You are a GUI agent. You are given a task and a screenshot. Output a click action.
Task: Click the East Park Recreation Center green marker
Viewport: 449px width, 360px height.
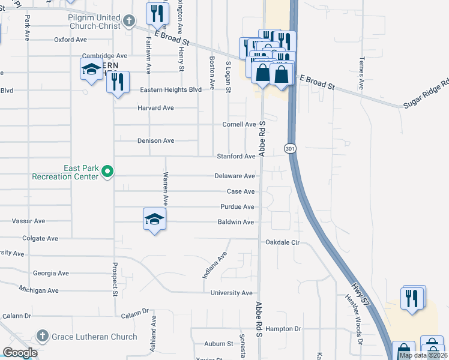[x=107, y=172]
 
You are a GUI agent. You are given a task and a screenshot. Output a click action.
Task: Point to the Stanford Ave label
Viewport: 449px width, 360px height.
[x=236, y=157]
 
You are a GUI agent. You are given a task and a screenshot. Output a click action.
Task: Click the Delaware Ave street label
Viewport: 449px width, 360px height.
[x=235, y=176]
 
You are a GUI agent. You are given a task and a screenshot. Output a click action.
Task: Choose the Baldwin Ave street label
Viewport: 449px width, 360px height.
[x=236, y=222]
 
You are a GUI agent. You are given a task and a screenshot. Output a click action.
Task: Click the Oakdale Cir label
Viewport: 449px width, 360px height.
[x=282, y=243]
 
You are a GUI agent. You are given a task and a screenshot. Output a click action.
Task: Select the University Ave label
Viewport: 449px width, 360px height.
[x=232, y=293]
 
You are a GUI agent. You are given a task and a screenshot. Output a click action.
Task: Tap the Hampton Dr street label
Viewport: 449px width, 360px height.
[x=283, y=329]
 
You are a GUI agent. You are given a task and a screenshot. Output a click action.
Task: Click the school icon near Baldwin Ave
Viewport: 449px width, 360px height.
[x=154, y=220]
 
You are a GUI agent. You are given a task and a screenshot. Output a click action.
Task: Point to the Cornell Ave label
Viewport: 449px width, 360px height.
[x=239, y=124]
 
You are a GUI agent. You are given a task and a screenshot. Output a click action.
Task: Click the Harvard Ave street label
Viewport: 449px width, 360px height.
[x=155, y=108]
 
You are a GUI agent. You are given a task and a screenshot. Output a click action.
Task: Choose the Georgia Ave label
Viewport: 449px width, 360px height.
[x=51, y=273]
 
